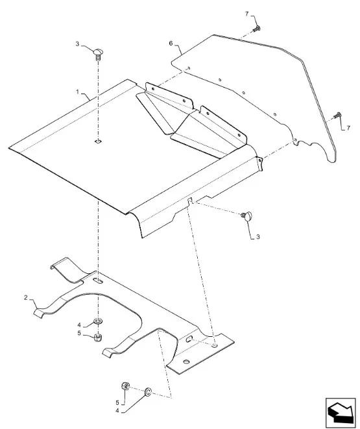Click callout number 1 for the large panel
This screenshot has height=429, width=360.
[x=78, y=92]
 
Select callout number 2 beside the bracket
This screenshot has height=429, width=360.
[x=26, y=297]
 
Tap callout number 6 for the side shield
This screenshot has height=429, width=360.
[x=171, y=43]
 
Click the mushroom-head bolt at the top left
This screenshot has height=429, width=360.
[x=98, y=54]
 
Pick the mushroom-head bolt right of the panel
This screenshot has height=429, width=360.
[x=247, y=216]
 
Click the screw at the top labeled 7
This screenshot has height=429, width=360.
[x=256, y=29]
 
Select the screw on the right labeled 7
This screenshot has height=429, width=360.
[x=337, y=116]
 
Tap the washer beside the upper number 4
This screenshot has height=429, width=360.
[x=98, y=321]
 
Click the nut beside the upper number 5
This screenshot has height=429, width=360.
[x=97, y=337]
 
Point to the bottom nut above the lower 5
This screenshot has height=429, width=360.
[x=125, y=386]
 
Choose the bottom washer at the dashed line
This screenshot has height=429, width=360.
[x=148, y=392]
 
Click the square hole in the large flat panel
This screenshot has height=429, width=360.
[x=98, y=141]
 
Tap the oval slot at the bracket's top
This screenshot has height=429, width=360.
[x=98, y=281]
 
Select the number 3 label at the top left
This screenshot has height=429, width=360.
[x=77, y=43]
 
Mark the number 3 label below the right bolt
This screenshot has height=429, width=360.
[x=258, y=237]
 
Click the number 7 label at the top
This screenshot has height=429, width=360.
[x=247, y=14]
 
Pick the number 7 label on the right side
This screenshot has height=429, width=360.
[x=348, y=128]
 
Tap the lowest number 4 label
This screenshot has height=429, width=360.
[x=117, y=411]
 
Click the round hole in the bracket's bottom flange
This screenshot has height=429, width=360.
[x=186, y=362]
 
